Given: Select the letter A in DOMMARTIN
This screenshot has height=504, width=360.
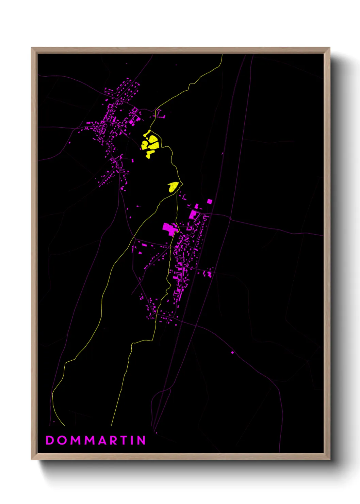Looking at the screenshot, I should [x=103, y=440].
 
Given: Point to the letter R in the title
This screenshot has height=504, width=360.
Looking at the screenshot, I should [x=115, y=440].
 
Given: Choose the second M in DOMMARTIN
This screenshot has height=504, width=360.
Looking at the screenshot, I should [x=90, y=440].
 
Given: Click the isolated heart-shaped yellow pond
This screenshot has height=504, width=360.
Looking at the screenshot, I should [x=173, y=187].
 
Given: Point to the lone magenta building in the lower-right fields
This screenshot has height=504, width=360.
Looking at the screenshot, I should [x=232, y=352].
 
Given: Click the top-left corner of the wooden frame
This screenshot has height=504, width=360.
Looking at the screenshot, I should [x=32, y=48].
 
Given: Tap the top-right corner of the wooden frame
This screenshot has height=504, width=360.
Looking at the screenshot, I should [x=329, y=48].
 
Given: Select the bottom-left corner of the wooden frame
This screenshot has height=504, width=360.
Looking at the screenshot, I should [x=32, y=459].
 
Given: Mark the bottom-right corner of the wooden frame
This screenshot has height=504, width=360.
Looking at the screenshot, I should [x=329, y=459].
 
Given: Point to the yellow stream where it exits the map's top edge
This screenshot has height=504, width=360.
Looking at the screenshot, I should [x=222, y=55].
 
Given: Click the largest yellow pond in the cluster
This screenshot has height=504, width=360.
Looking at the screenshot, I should [x=154, y=142].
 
